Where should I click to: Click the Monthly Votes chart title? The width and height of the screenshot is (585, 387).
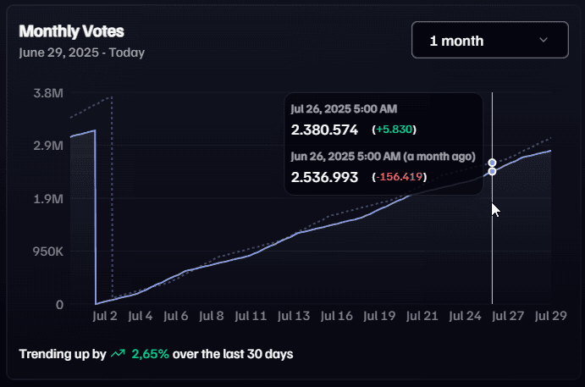[x=71, y=31]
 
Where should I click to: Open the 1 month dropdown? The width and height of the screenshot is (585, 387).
[x=489, y=40]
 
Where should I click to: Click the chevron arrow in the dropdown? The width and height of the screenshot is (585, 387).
[x=544, y=40]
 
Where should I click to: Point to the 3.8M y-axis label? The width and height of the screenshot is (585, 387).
[x=48, y=92]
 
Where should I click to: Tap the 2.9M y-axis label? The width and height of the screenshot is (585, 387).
[x=48, y=146]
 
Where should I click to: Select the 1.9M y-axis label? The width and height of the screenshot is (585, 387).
[x=48, y=199]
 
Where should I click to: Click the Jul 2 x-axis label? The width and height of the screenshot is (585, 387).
[x=104, y=317]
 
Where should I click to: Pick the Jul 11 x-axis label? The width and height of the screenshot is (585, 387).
[x=250, y=317]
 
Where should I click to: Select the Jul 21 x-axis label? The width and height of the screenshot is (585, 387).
[x=422, y=317]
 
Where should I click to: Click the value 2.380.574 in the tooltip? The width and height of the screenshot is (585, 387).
[x=324, y=130]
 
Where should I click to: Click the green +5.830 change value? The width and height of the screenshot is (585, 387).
[x=395, y=130]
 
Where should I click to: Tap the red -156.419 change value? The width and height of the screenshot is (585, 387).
[x=400, y=177]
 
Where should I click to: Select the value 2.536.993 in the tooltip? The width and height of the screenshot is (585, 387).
[x=325, y=177]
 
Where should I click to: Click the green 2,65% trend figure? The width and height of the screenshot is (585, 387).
[x=150, y=353]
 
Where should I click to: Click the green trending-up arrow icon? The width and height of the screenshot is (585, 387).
[x=118, y=353]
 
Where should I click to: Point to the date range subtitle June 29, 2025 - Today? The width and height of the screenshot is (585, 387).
[x=81, y=53]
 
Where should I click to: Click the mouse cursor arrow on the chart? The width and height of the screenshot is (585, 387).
[x=495, y=208]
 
